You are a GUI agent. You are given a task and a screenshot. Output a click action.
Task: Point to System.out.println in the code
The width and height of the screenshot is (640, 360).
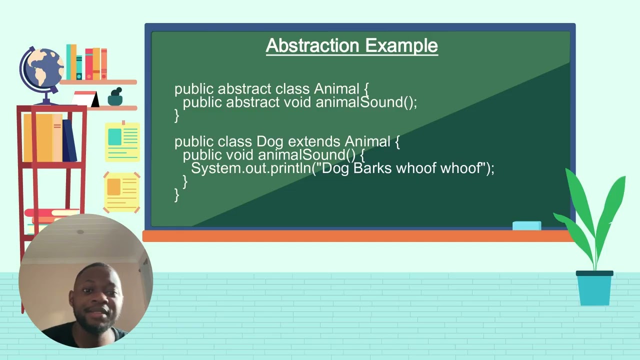tap(251, 168)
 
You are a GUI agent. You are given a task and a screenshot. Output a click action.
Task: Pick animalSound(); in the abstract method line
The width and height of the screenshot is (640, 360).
tap(366, 102)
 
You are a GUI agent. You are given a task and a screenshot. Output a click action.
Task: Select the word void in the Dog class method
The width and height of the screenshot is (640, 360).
tap(239, 155)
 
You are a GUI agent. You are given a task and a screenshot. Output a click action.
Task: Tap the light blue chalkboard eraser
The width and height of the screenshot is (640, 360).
tap(526, 226)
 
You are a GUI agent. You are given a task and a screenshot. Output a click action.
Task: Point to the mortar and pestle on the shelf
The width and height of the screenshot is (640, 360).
tap(115, 97)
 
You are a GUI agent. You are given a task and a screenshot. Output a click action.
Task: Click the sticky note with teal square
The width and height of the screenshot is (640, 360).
tap(122, 142)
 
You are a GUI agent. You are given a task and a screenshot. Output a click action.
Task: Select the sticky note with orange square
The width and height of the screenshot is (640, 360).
tap(122, 192)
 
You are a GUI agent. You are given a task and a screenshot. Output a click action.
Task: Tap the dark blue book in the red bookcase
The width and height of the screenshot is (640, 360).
tap(69, 140)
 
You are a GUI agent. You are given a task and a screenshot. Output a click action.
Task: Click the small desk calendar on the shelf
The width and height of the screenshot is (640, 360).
tap(85, 98)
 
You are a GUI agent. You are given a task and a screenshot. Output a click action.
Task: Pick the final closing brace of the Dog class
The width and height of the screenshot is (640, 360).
tap(176, 194)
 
